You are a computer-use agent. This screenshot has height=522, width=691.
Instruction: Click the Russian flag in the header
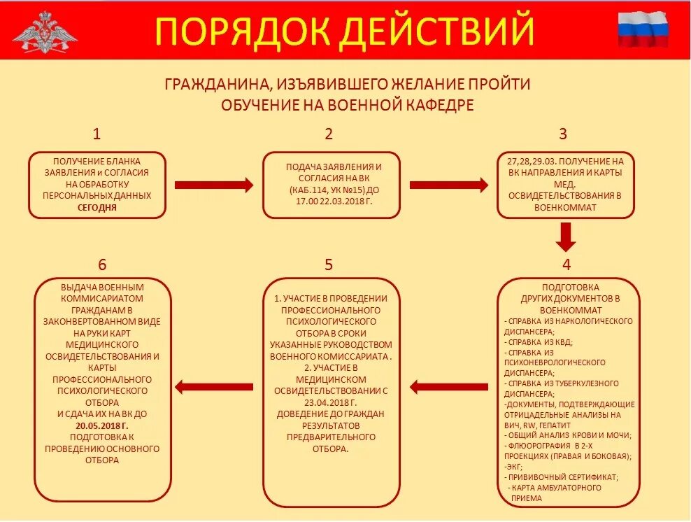643,29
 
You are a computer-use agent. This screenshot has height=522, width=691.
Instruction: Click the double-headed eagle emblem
45,31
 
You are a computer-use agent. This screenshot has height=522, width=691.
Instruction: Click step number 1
97,134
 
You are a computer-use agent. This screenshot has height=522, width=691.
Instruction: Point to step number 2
329,134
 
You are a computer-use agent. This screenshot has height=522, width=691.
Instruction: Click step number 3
563,134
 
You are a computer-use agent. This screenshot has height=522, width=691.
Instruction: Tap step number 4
567,264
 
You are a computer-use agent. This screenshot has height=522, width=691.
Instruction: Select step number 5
329,264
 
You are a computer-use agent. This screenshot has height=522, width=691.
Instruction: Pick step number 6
103,264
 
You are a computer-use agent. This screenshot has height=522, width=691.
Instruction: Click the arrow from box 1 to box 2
213,185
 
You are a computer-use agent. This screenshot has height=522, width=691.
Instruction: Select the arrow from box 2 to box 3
448,185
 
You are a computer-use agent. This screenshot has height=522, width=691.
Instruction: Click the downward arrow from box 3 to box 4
566,237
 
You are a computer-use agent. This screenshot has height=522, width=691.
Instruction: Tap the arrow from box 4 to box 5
448,386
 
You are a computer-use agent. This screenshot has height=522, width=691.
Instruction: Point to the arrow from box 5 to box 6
213,386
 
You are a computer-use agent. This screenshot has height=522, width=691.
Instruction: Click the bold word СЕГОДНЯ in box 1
97,207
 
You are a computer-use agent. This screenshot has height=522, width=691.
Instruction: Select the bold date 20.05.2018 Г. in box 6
102,425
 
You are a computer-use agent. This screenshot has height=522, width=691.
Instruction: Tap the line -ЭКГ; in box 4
513,466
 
